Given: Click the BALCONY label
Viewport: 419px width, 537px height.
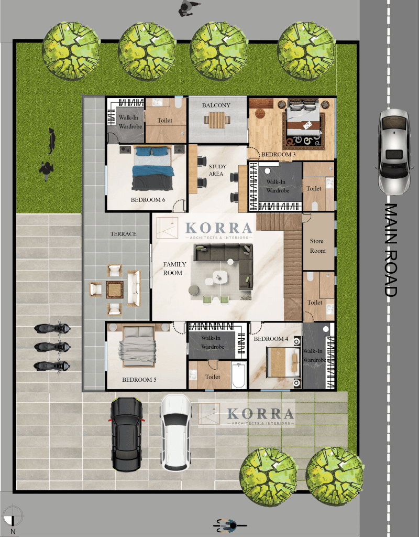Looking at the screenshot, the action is (x=216, y=105).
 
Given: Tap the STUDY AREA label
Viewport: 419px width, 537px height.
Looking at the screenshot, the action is (x=217, y=170).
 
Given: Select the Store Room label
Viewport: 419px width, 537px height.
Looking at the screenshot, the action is (x=317, y=245).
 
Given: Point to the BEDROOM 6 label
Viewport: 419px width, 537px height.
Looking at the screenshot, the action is (x=148, y=200).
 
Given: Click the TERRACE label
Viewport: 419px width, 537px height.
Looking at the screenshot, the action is (x=123, y=234).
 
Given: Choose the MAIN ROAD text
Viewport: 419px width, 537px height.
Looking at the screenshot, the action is (x=391, y=250).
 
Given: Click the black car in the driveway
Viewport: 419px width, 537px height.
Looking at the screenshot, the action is (x=127, y=434).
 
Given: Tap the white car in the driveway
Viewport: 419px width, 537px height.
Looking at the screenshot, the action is (x=176, y=433).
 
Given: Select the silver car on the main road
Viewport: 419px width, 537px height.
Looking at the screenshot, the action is (x=394, y=152).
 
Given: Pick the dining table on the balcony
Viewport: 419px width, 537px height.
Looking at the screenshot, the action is (x=217, y=120).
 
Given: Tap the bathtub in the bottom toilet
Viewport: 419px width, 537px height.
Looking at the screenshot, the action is (x=239, y=375).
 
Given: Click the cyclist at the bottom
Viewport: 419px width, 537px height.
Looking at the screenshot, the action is (x=229, y=525).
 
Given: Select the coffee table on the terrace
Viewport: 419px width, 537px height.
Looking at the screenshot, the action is (x=115, y=289).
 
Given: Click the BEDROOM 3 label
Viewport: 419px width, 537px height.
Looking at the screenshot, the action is (x=278, y=155).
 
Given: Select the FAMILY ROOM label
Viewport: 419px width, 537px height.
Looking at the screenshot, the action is (x=174, y=268).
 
